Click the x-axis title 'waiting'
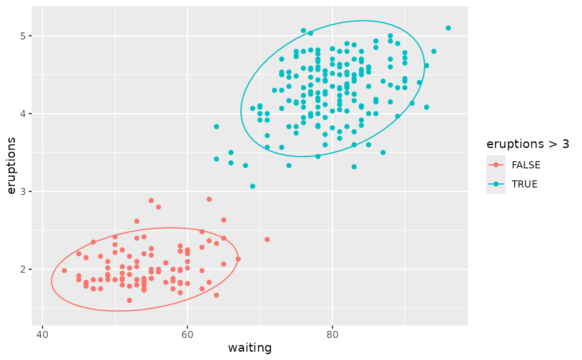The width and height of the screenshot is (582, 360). click(x=250, y=348)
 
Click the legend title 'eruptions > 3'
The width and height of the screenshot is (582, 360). click(x=528, y=144)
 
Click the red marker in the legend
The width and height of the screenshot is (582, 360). click(x=496, y=165)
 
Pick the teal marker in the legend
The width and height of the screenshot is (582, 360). click(x=496, y=184)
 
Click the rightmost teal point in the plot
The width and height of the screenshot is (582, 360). click(x=448, y=28)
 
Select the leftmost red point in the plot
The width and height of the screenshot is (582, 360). click(x=64, y=271)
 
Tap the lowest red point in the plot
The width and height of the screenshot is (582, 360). click(x=129, y=301)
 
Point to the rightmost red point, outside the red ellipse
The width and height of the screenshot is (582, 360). click(x=267, y=239)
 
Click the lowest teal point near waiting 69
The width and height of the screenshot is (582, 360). click(x=252, y=186)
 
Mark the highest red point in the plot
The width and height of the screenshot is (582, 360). click(x=209, y=199)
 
